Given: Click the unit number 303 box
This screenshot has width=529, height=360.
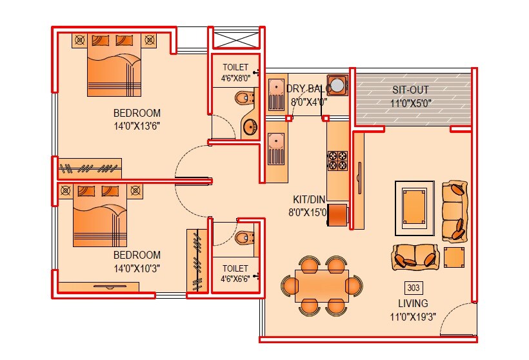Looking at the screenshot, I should (x=413, y=288).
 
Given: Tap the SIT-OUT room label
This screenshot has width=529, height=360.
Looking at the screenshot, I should (x=410, y=90).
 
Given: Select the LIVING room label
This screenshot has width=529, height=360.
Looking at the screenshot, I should (x=413, y=303).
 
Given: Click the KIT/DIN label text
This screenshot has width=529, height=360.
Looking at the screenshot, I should (x=308, y=200).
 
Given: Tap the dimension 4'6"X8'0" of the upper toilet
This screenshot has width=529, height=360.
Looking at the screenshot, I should (x=235, y=79).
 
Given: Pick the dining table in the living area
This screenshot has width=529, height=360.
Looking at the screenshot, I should (x=321, y=286).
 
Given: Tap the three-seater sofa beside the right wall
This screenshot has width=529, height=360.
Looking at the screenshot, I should (x=454, y=211).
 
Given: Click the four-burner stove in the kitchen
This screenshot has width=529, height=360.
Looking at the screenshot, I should (x=337, y=160).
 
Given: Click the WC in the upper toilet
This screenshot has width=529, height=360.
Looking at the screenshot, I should (x=245, y=99).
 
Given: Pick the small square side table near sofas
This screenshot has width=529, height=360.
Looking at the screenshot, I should (x=454, y=257).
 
